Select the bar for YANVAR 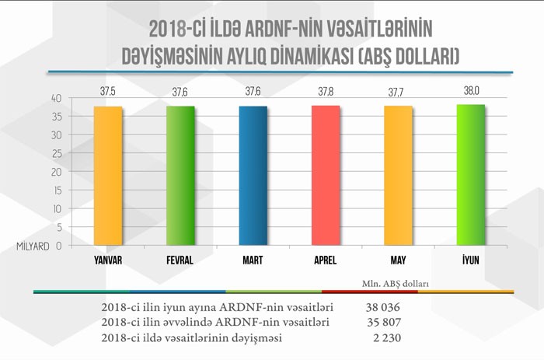(x=109, y=176)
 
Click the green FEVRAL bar (x=180, y=176)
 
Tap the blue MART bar (x=253, y=176)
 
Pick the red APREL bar (x=326, y=176)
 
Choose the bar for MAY (x=398, y=176)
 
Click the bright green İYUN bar (x=471, y=175)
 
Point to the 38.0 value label (x=471, y=91)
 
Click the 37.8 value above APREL (x=326, y=92)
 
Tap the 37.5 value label (x=109, y=92)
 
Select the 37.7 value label (x=398, y=92)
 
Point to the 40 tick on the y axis (x=57, y=99)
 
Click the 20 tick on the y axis (x=57, y=172)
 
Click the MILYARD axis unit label (x=32, y=246)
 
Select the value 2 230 (x=385, y=338)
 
